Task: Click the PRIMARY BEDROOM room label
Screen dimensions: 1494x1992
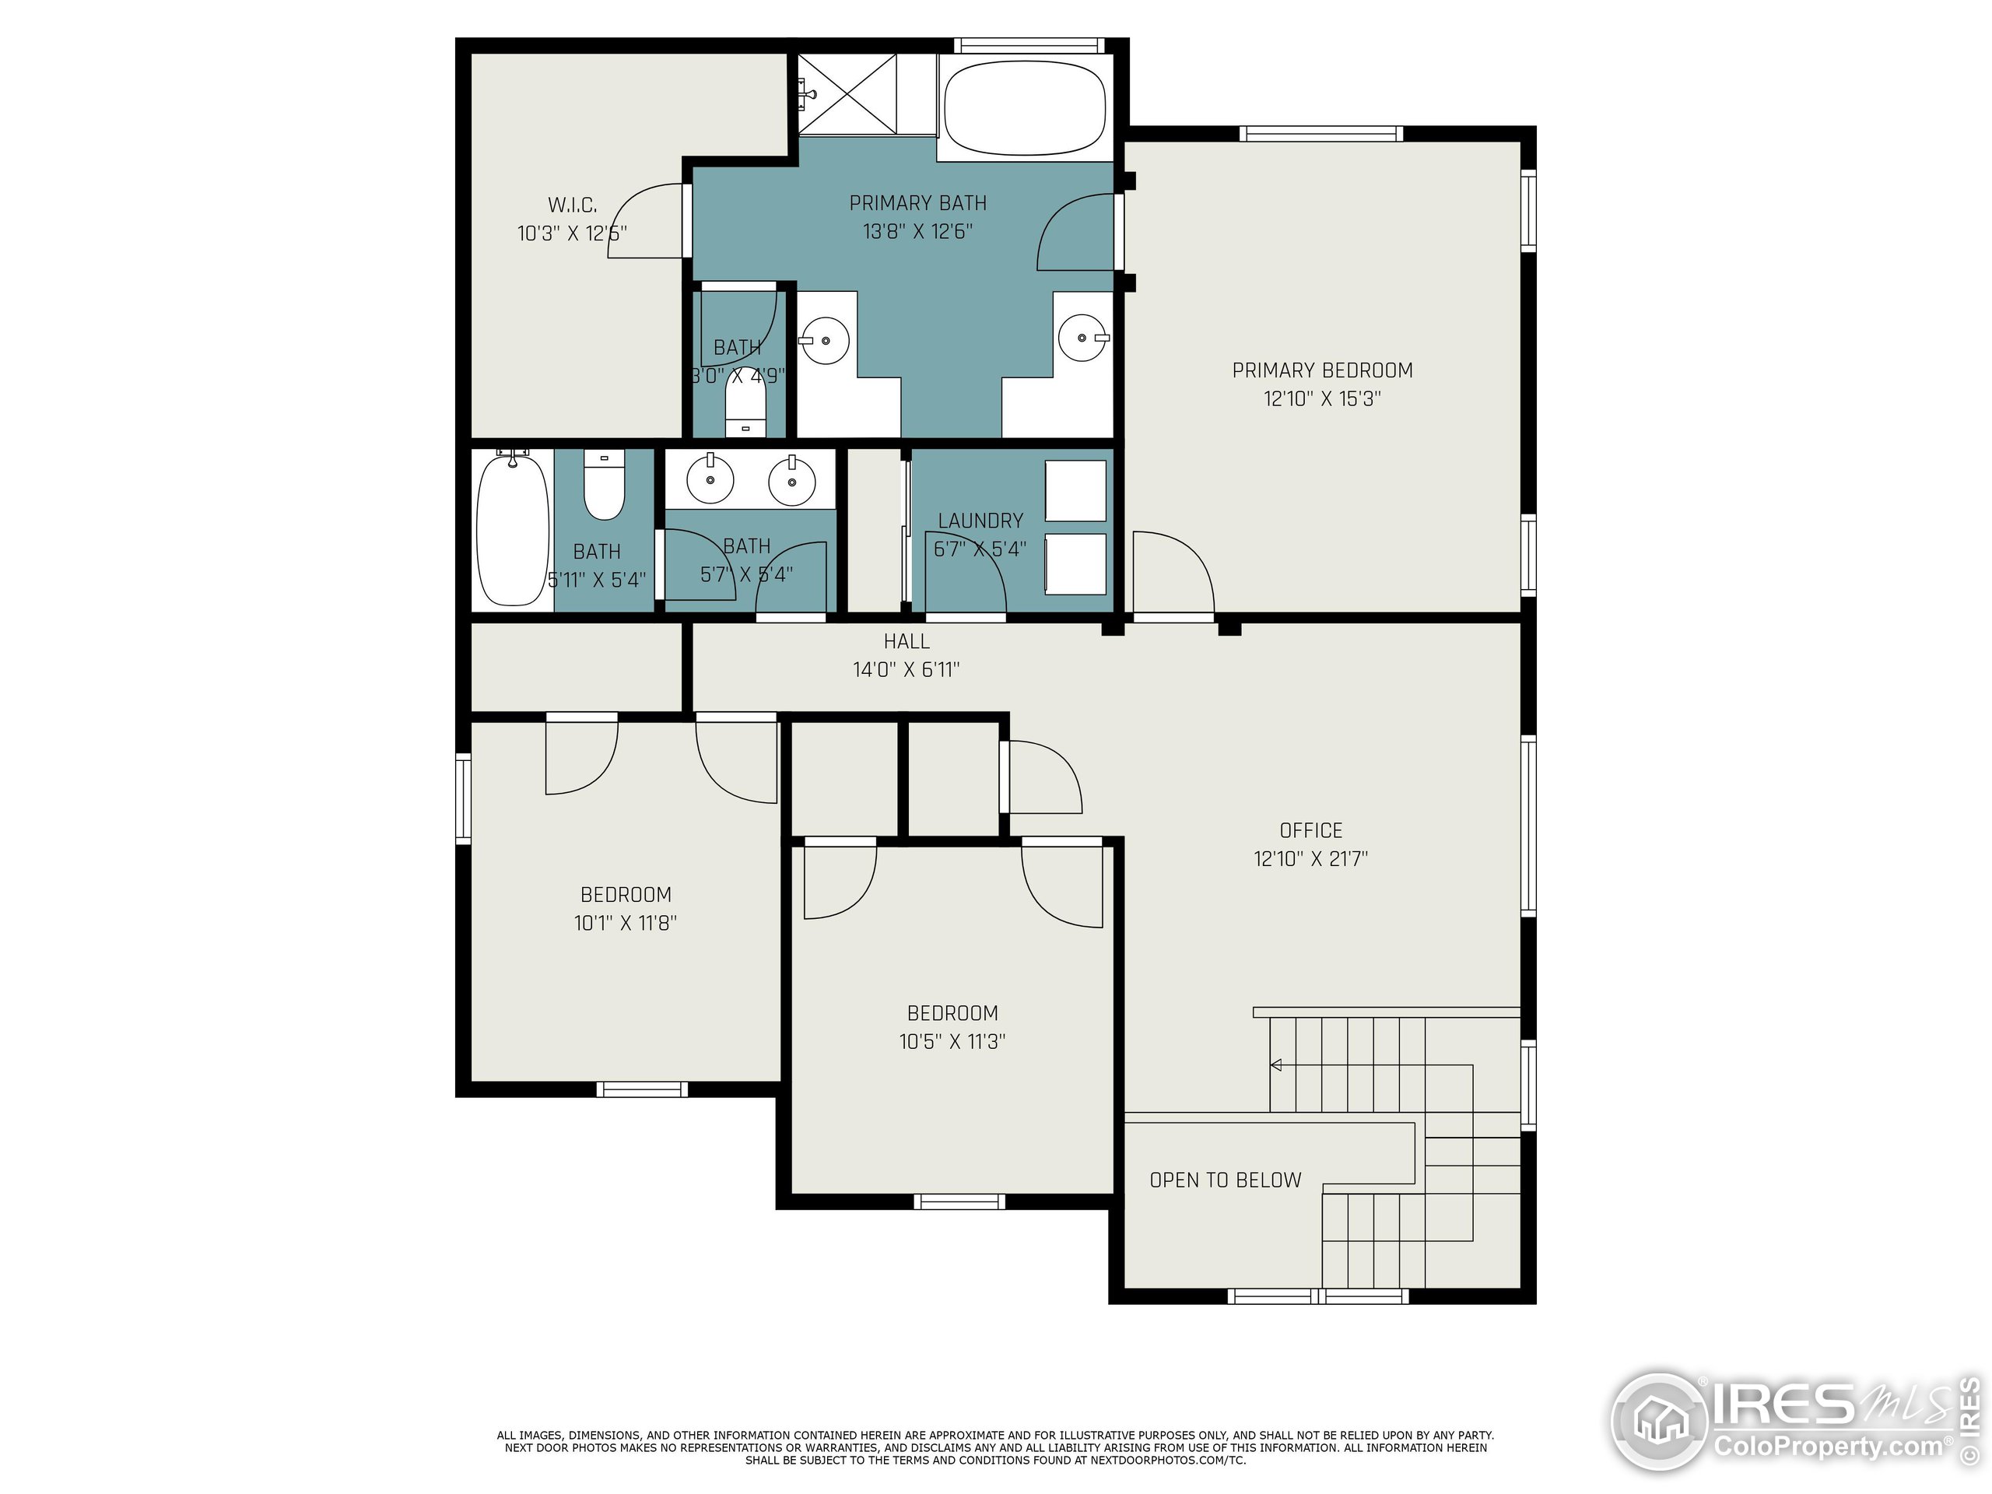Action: click(x=1322, y=370)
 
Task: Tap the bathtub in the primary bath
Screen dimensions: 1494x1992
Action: click(x=1024, y=107)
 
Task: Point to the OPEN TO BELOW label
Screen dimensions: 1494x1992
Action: click(x=1225, y=1180)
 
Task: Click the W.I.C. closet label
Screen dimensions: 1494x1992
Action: click(x=572, y=205)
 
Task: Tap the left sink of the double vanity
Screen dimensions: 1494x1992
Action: click(x=710, y=479)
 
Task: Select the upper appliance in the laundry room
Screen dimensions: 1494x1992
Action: click(x=1075, y=490)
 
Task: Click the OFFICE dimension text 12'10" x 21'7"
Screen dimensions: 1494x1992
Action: click(x=1310, y=858)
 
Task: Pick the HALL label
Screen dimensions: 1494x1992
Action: click(x=906, y=641)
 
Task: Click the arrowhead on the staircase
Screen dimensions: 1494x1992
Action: click(x=1276, y=1065)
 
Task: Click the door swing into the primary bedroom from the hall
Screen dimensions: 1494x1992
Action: click(x=1173, y=572)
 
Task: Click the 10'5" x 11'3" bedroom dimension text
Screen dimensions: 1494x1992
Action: click(x=952, y=1041)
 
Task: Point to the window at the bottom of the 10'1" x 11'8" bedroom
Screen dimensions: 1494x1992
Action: click(x=642, y=1089)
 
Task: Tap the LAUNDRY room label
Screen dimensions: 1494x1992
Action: click(x=980, y=521)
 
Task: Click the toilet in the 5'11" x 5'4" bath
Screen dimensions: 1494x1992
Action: click(x=603, y=486)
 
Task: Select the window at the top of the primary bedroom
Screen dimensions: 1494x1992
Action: click(x=1320, y=134)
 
